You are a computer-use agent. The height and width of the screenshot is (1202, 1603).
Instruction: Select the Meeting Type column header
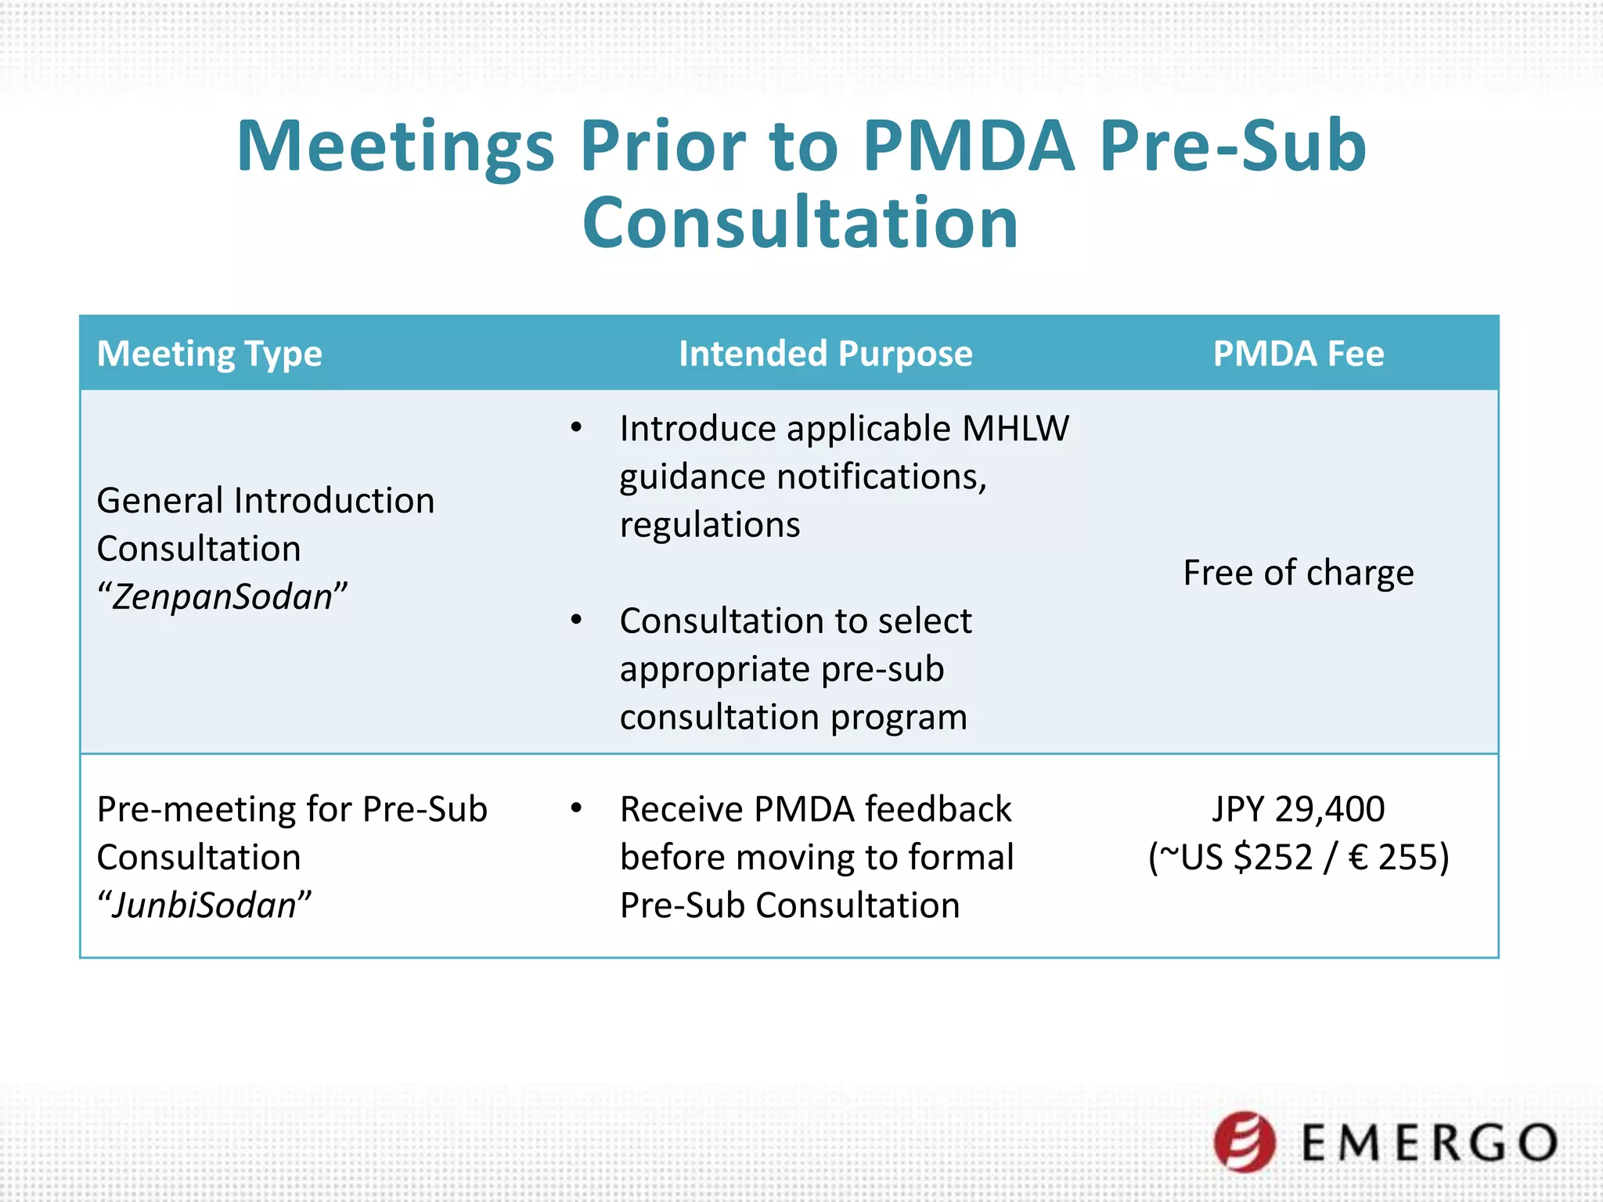[x=209, y=354]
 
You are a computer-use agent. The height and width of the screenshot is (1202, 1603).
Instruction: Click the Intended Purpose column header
[x=825, y=354]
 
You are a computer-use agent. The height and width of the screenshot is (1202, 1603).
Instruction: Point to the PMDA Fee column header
[x=1298, y=354]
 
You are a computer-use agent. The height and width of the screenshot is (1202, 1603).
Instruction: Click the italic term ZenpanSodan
[x=222, y=597]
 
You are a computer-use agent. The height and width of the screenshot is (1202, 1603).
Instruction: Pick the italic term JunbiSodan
[x=204, y=905]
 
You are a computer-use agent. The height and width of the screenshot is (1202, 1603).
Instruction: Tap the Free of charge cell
[x=1298, y=573]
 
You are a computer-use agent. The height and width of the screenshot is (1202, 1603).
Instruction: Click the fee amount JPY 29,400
[x=1298, y=809]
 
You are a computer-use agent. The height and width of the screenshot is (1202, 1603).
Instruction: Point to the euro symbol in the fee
[x=1359, y=858]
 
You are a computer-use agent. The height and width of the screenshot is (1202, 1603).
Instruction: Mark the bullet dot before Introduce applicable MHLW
[x=577, y=428]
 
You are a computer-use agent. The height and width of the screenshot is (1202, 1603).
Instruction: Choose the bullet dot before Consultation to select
[x=577, y=621]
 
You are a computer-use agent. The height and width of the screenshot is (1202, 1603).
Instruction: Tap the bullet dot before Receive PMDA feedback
[x=577, y=808]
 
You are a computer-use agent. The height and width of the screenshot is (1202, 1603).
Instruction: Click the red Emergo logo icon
[x=1245, y=1142]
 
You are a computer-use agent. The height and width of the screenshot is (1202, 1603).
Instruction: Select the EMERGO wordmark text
[x=1429, y=1143]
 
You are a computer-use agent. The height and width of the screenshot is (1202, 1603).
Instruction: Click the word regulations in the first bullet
[x=710, y=525]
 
